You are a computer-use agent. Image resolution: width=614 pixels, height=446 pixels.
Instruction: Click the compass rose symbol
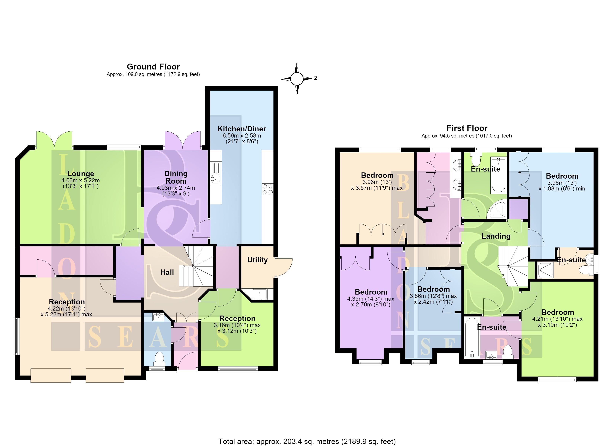point(297,79)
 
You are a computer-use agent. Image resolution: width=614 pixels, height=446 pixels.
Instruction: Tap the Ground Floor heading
point(153,67)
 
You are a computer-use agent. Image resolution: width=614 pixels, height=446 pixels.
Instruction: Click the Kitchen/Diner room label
point(242,129)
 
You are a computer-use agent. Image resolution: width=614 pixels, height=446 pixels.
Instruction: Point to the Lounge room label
point(81,174)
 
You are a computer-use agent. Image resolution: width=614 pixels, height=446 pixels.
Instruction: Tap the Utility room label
point(258,260)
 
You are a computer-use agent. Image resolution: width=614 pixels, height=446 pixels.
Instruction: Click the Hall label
point(167,272)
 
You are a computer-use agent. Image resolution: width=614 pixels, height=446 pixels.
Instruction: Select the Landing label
point(496,236)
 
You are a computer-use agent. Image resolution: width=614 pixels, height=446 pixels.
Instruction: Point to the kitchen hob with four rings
point(268,189)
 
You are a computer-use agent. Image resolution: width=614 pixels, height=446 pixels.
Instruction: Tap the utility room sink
point(259,294)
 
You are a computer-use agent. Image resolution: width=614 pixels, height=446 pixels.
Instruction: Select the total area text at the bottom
point(307,441)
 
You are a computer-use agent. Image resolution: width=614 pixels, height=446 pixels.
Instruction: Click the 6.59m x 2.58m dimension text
point(242,135)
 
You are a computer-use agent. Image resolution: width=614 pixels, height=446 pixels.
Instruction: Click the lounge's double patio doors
point(54,140)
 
